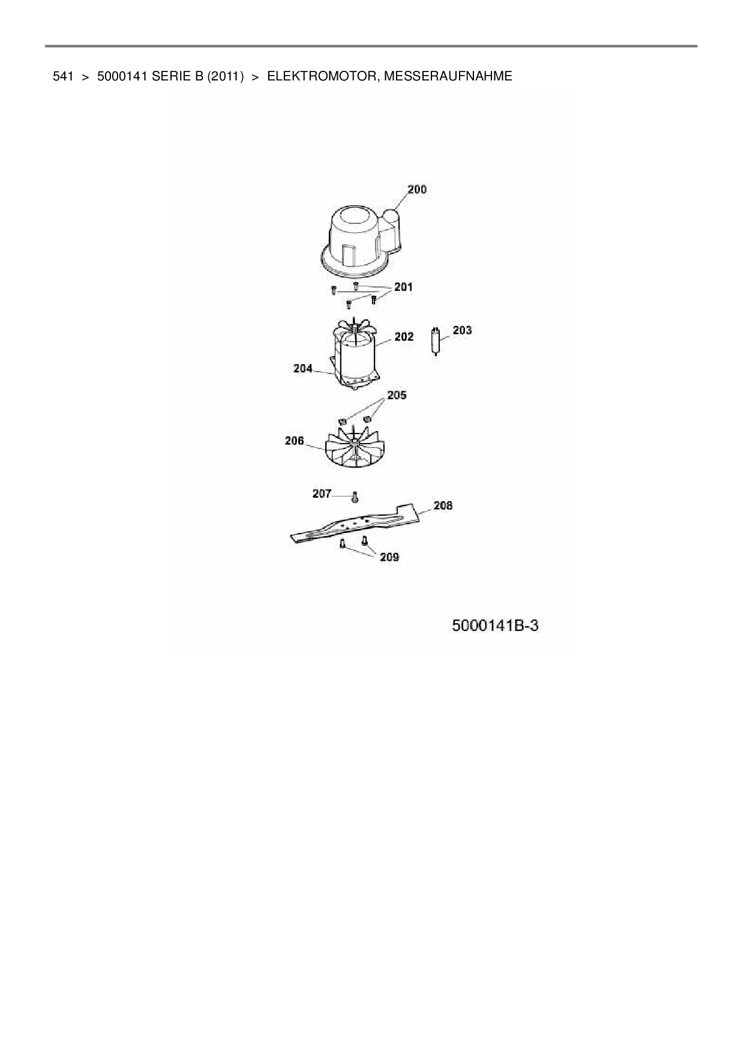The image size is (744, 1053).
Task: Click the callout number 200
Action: pos(417,190)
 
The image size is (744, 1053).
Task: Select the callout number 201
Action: pos(403,287)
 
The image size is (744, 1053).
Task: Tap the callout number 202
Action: pos(404,337)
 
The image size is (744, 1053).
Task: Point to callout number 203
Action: pos(462,330)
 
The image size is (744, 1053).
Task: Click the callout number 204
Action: pos(303,369)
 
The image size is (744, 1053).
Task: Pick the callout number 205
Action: pos(397,395)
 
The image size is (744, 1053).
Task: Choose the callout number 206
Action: pos(294,441)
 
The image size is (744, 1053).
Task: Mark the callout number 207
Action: pos(322,493)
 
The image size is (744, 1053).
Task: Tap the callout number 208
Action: pos(443,505)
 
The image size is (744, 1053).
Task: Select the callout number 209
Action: pos(389,557)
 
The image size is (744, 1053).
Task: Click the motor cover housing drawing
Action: pos(357,240)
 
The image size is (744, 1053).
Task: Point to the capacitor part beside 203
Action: pos(436,340)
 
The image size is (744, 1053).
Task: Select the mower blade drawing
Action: pos(354,522)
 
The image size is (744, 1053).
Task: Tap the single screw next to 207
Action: pos(355,497)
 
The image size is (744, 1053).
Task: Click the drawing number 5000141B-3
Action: pos(495,626)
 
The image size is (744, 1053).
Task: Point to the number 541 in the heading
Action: pos(63,76)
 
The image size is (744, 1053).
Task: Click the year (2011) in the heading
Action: pos(226,76)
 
